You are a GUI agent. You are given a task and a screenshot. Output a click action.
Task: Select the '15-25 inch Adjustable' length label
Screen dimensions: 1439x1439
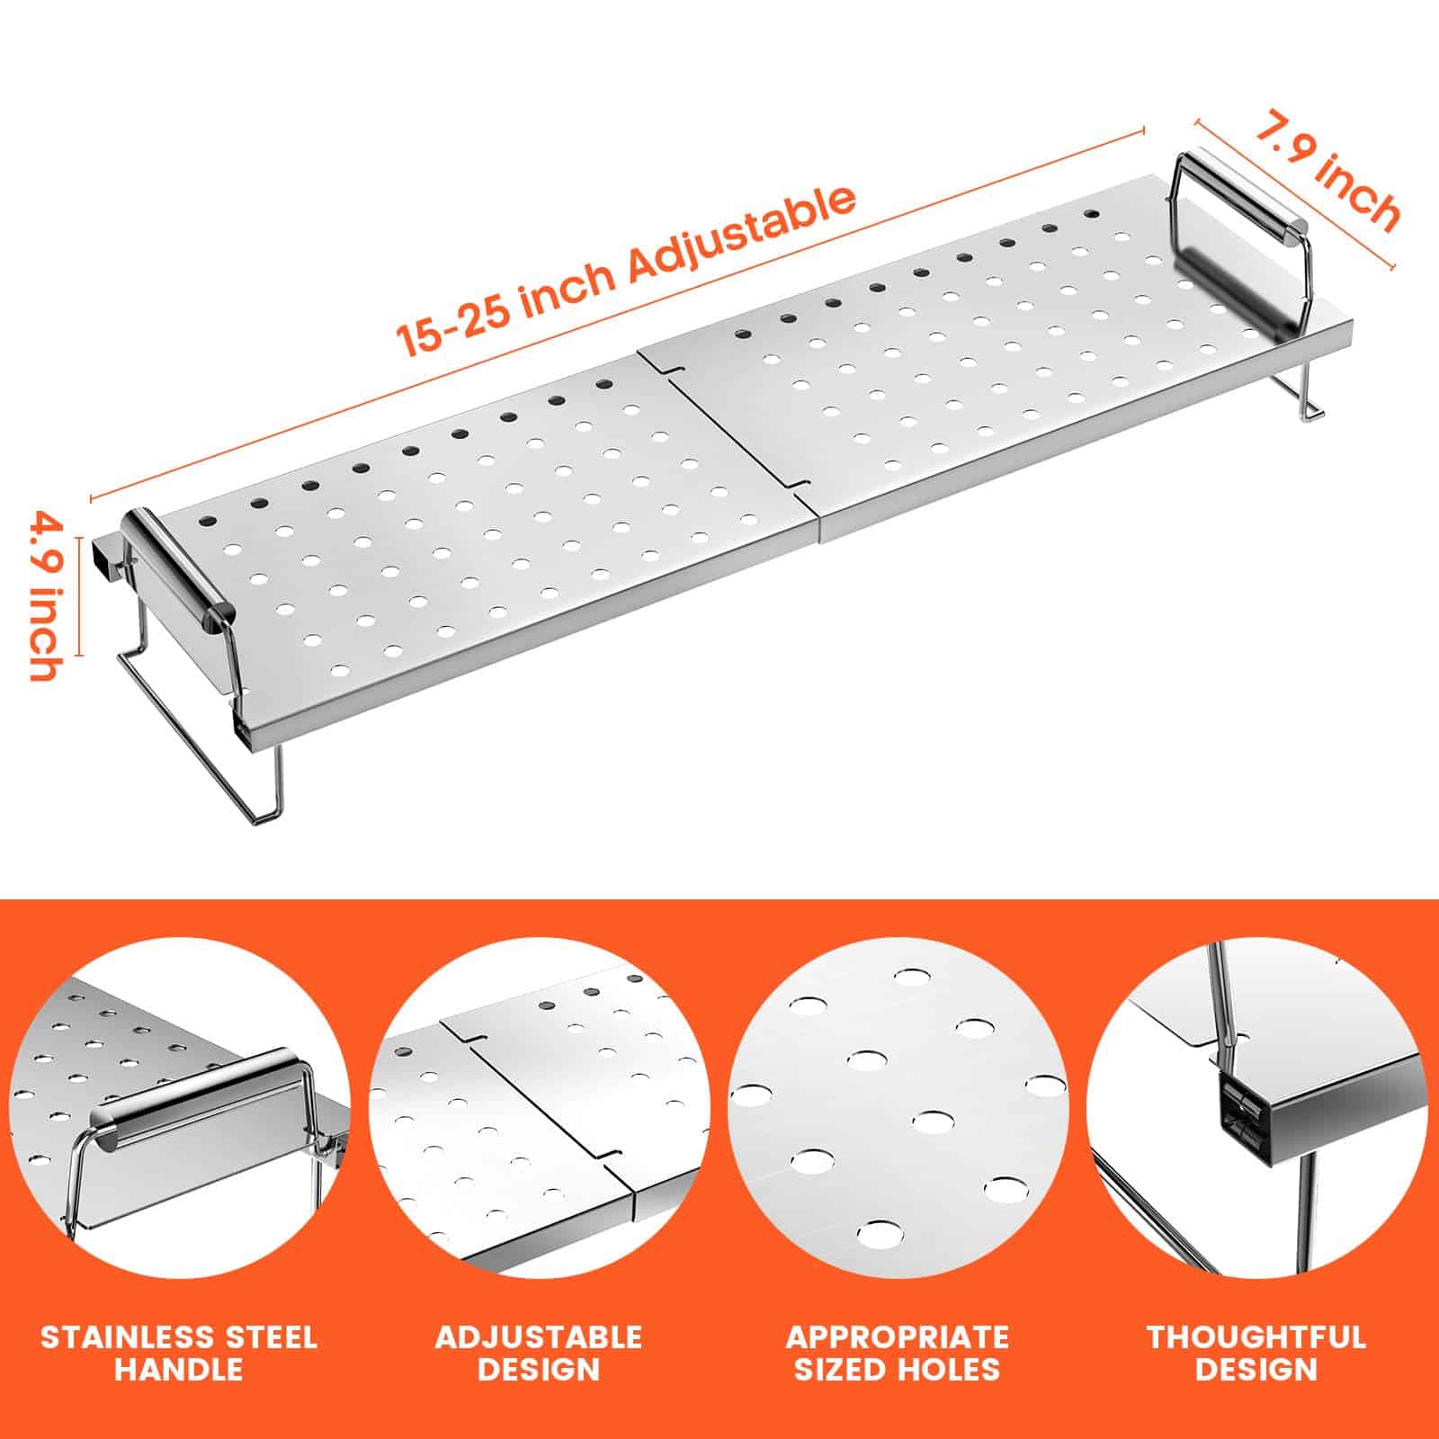point(626,271)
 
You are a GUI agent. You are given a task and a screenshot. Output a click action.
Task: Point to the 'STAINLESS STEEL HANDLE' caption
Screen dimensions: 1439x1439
point(179,1353)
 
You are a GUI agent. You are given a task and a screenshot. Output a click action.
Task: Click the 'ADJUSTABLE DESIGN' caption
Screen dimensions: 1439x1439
point(539,1353)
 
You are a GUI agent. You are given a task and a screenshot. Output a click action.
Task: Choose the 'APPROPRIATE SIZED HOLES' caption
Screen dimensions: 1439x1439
point(898,1353)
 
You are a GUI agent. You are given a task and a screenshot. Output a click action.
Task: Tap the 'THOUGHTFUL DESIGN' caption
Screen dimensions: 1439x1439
point(1256,1353)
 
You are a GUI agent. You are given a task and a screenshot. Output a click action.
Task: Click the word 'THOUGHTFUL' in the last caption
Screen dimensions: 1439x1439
point(1256,1337)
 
